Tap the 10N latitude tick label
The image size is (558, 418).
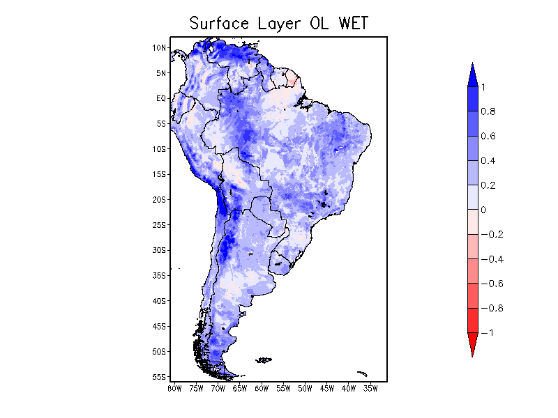click(x=160, y=48)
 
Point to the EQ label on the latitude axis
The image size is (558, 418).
click(x=161, y=98)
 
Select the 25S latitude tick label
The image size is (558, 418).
click(x=160, y=225)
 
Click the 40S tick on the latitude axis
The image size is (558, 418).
click(x=160, y=301)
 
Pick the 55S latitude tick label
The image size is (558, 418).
click(x=160, y=377)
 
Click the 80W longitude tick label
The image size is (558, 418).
click(x=174, y=388)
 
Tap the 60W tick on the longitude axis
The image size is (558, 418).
click(x=262, y=388)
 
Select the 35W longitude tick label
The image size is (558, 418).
click(x=370, y=388)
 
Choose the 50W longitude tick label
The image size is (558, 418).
click(x=305, y=388)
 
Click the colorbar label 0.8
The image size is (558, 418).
click(x=488, y=111)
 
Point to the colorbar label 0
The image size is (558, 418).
click(x=483, y=210)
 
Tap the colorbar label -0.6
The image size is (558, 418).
click(x=492, y=284)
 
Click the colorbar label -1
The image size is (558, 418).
click(x=488, y=333)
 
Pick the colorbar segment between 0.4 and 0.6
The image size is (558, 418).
click(x=472, y=148)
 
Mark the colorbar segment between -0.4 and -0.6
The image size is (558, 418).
click(x=472, y=271)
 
